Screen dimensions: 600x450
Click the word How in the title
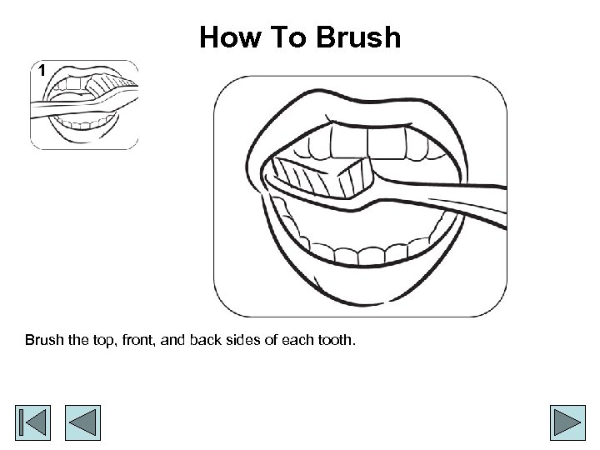[x=231, y=37]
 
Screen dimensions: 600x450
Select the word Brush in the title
[x=358, y=37]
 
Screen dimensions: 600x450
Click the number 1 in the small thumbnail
[x=42, y=70]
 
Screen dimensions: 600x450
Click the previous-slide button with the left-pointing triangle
[x=82, y=422]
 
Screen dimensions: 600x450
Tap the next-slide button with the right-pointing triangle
[x=567, y=422]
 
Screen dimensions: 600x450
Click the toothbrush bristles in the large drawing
[x=322, y=177]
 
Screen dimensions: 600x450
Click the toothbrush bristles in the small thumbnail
[x=109, y=85]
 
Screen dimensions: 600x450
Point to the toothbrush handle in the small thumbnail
[x=61, y=107]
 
